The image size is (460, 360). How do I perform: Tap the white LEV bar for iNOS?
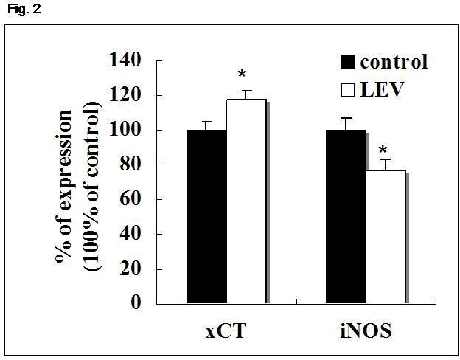(x=385, y=236)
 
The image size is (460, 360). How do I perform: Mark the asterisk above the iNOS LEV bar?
(x=383, y=152)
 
